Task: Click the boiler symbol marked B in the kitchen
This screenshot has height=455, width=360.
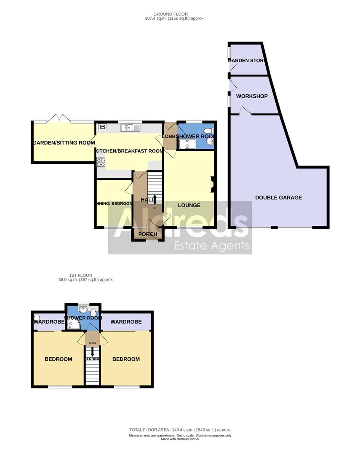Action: point(102,126)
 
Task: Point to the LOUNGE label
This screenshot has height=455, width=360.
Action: point(189,205)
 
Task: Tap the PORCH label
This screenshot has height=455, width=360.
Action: point(147,234)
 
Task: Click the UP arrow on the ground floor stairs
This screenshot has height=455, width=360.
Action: point(154,199)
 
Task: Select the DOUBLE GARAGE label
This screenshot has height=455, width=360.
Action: point(278,197)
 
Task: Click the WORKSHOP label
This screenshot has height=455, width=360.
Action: point(252,96)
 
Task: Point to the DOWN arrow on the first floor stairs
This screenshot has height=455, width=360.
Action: point(92,351)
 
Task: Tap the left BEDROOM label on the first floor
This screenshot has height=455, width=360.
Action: point(59,359)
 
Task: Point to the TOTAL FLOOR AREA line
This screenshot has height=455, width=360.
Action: point(180,430)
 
